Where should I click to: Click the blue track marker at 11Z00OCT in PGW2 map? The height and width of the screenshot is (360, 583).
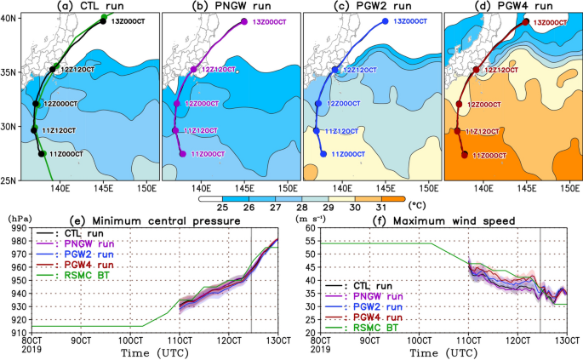click(323, 154)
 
